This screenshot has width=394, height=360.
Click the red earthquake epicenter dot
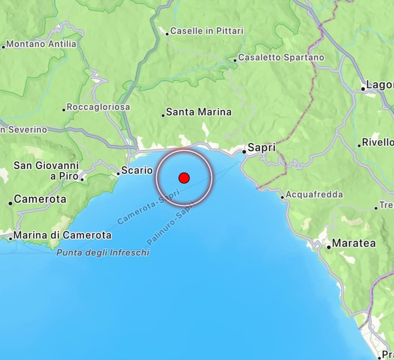[x=184, y=178]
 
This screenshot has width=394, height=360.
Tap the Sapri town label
[x=261, y=148]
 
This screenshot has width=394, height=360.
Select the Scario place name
[x=137, y=171]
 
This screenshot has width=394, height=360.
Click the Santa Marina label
[x=198, y=112]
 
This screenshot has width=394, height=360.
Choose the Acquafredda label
[x=314, y=195]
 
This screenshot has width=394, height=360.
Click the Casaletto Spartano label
[x=281, y=57]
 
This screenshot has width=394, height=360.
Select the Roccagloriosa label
[x=98, y=107]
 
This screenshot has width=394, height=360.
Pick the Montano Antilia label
[x=41, y=44]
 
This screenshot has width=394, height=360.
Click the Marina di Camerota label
[x=62, y=235]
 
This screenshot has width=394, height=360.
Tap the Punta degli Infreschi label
[x=103, y=253]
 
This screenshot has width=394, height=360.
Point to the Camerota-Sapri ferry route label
[x=148, y=207]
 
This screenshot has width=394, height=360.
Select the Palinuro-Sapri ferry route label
[x=170, y=223]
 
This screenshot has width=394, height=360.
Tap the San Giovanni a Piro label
[x=46, y=171]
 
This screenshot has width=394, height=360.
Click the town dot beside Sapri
[x=244, y=151]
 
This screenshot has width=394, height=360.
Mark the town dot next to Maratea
[x=329, y=247]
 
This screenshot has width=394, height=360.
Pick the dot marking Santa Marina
[x=163, y=115]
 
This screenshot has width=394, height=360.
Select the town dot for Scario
[x=119, y=173]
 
